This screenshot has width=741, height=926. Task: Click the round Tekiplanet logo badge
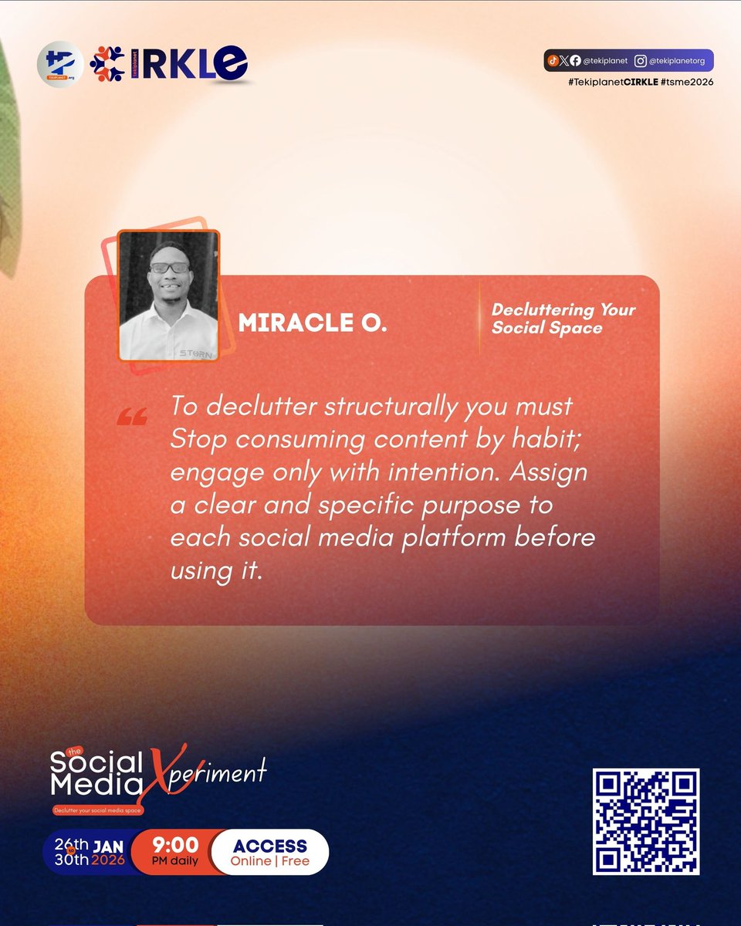click(x=60, y=63)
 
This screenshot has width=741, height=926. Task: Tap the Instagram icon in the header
click(x=640, y=61)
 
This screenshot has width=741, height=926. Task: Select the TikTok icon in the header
click(x=553, y=61)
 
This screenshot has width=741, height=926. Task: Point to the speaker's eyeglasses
click(x=169, y=268)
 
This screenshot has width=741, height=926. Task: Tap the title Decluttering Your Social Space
click(x=563, y=319)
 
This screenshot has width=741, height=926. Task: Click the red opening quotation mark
click(x=131, y=418)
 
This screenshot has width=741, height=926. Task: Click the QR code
click(x=645, y=821)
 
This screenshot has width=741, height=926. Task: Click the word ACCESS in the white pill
click(x=269, y=846)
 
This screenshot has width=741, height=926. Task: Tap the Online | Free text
click(x=269, y=861)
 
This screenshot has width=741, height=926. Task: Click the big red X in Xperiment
click(x=161, y=772)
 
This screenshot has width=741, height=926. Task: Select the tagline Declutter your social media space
click(x=98, y=810)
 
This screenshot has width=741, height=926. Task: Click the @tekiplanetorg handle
click(x=676, y=61)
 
